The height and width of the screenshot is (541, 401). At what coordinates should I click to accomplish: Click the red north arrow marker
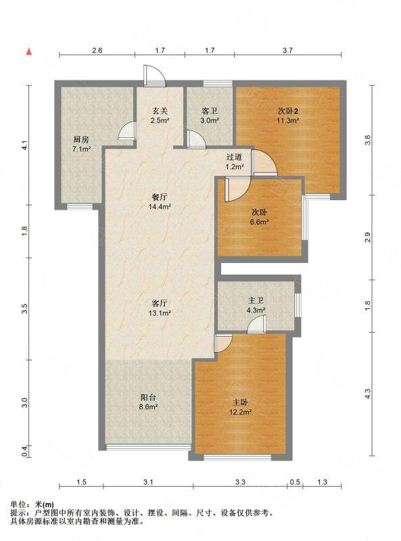[x=29, y=52]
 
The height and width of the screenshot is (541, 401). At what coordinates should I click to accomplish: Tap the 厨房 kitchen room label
[x=81, y=140]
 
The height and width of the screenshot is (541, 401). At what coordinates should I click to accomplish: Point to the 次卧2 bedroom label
[x=288, y=111]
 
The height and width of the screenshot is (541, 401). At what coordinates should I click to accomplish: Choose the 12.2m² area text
[x=240, y=412]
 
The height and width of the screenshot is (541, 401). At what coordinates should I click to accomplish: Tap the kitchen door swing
[x=126, y=131]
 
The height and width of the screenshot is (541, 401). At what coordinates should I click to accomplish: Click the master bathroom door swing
[x=256, y=325]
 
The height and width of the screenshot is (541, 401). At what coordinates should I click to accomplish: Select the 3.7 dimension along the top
[x=288, y=50]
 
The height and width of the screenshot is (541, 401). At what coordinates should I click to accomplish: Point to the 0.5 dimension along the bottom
[x=296, y=482]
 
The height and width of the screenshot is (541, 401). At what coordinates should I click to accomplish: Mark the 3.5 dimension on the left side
[x=24, y=308]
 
